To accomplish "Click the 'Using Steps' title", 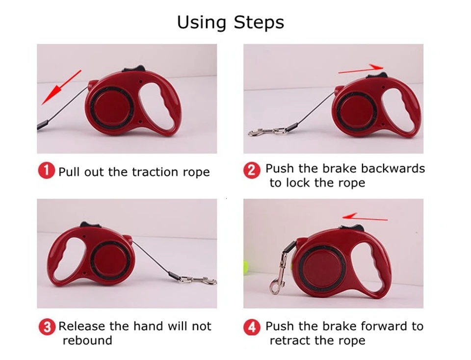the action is point(231,23).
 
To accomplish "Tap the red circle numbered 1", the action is point(47,171).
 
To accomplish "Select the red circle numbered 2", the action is point(252,170).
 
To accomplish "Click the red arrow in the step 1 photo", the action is point(61,87).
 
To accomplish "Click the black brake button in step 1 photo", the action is point(134,69).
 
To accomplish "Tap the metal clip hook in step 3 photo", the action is point(199,281).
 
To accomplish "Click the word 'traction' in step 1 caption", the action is point(155,172).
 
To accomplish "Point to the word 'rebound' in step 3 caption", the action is point(87,340).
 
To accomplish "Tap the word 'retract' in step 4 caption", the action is point(290,340).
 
